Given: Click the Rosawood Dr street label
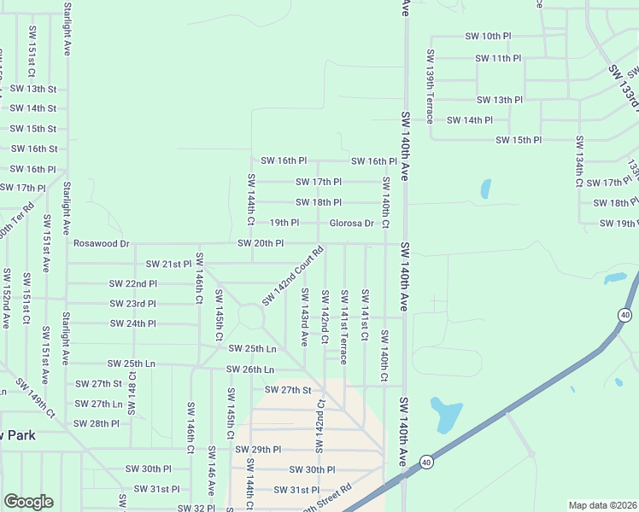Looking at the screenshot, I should tap(101, 243).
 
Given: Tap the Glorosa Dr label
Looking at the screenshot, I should tap(352, 224).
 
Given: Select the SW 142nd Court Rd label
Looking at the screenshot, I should tap(293, 276).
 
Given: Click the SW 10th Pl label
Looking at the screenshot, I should tap(488, 37).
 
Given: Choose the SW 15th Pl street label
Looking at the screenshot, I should tap(519, 140).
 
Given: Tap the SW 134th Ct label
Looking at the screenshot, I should tap(579, 161).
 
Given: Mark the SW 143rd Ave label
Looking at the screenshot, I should tap(304, 317).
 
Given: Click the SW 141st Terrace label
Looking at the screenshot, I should tap(344, 327).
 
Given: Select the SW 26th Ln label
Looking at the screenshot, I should tap(249, 369).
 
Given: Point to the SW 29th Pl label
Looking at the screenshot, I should tap(258, 450).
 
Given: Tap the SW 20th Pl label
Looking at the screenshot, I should tap(261, 244).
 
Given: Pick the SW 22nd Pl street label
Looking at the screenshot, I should tap(132, 283).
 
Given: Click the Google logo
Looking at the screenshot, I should tap(28, 502).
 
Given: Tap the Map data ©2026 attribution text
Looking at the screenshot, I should tap(602, 505).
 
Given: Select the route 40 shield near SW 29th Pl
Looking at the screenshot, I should tap(425, 463).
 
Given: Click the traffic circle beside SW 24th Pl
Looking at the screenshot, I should tap(251, 317).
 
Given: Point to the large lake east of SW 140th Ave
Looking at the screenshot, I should tap(444, 415).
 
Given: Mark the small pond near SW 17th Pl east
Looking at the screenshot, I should tap(485, 189).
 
